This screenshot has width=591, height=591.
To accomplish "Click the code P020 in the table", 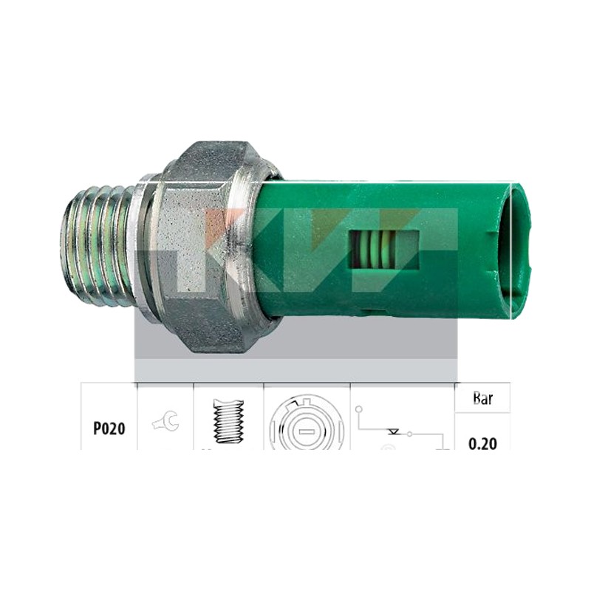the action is click(x=109, y=428).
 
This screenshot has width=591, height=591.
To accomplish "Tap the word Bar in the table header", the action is click(x=482, y=398).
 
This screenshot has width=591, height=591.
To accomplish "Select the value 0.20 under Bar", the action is click(x=482, y=444).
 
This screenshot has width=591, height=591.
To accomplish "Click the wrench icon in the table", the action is click(x=166, y=421).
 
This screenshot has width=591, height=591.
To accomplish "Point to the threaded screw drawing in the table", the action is click(x=228, y=420).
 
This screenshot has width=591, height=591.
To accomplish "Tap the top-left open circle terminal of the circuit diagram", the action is click(x=359, y=409).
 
